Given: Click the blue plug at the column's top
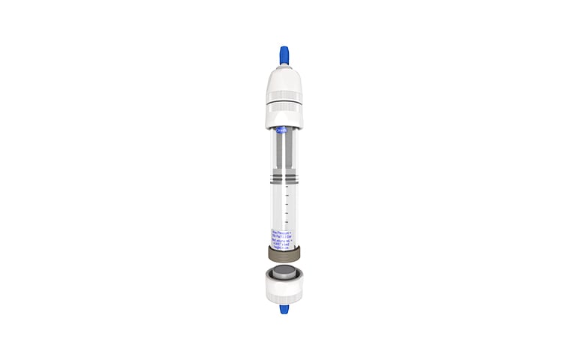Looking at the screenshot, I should (284, 55).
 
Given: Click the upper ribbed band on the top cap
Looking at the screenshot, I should (284, 96).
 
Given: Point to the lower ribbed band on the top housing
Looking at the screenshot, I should (284, 108).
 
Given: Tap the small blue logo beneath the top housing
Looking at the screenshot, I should (282, 130).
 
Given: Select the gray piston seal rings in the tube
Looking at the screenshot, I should (284, 178).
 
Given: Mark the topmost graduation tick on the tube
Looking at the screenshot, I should (287, 187).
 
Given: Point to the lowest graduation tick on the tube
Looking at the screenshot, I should (287, 223).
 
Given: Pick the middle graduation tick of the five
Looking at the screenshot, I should (287, 205).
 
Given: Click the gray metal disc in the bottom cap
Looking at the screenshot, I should (284, 272).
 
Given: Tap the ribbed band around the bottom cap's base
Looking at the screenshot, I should (284, 298).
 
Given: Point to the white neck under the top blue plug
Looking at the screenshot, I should (284, 67).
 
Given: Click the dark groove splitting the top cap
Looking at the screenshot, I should (284, 102).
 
